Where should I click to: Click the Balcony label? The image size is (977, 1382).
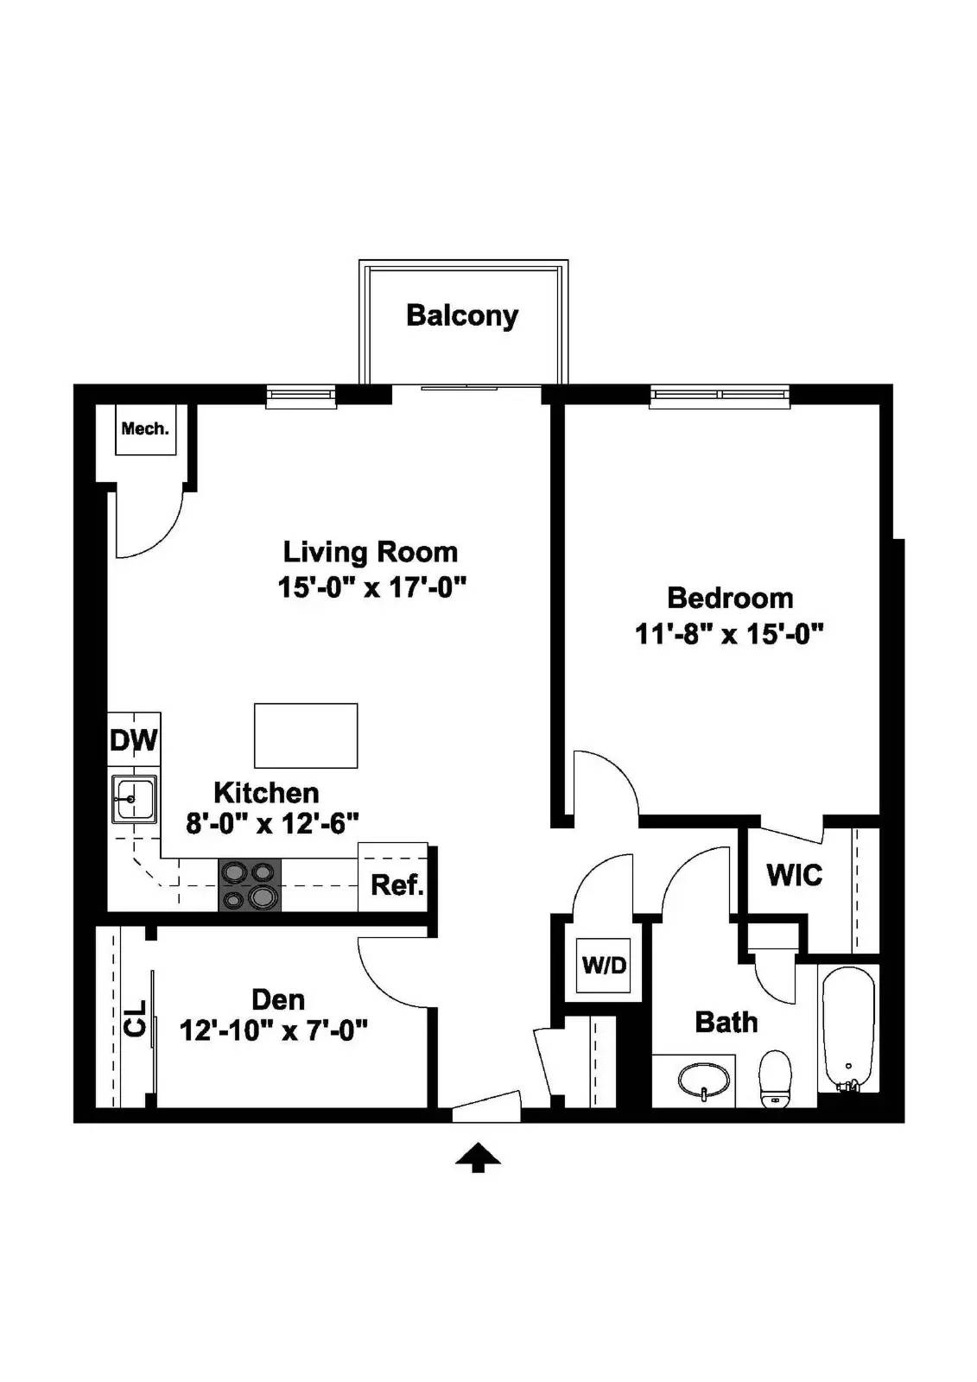pyautogui.click(x=461, y=315)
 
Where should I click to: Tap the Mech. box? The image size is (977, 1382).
pyautogui.click(x=146, y=429)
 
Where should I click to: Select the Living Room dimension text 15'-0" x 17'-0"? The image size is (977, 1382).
pyautogui.click(x=371, y=588)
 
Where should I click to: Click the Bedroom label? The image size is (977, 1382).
pyautogui.click(x=730, y=598)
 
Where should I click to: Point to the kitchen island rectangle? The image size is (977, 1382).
pyautogui.click(x=306, y=735)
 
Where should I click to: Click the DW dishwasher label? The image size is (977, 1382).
pyautogui.click(x=134, y=740)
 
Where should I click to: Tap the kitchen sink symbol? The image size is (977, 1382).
pyautogui.click(x=134, y=799)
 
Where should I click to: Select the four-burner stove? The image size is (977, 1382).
pyautogui.click(x=250, y=885)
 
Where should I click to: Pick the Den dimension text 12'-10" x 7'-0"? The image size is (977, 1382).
pyautogui.click(x=274, y=1030)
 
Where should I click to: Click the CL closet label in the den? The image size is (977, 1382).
pyautogui.click(x=135, y=1025)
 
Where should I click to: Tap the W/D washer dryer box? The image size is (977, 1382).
pyautogui.click(x=604, y=965)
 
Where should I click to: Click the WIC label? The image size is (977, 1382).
pyautogui.click(x=794, y=875)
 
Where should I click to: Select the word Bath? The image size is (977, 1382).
pyautogui.click(x=726, y=1023)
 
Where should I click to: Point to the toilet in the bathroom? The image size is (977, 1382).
pyautogui.click(x=775, y=1079)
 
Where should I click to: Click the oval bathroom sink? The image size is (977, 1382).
pyautogui.click(x=703, y=1080)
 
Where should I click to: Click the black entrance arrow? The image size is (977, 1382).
pyautogui.click(x=478, y=1157)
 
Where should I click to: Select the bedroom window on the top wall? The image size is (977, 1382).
pyautogui.click(x=720, y=396)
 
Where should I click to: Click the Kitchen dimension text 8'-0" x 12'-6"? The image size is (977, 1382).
pyautogui.click(x=272, y=823)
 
